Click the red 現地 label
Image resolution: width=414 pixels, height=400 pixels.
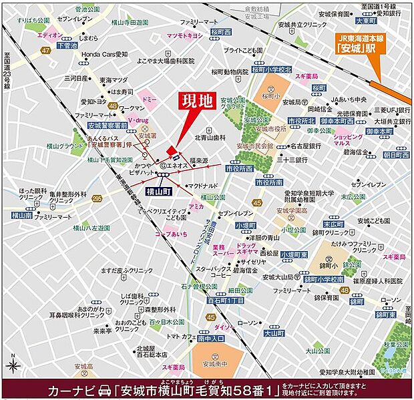[198, 102]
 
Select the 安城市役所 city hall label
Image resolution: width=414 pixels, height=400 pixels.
[270, 128]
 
